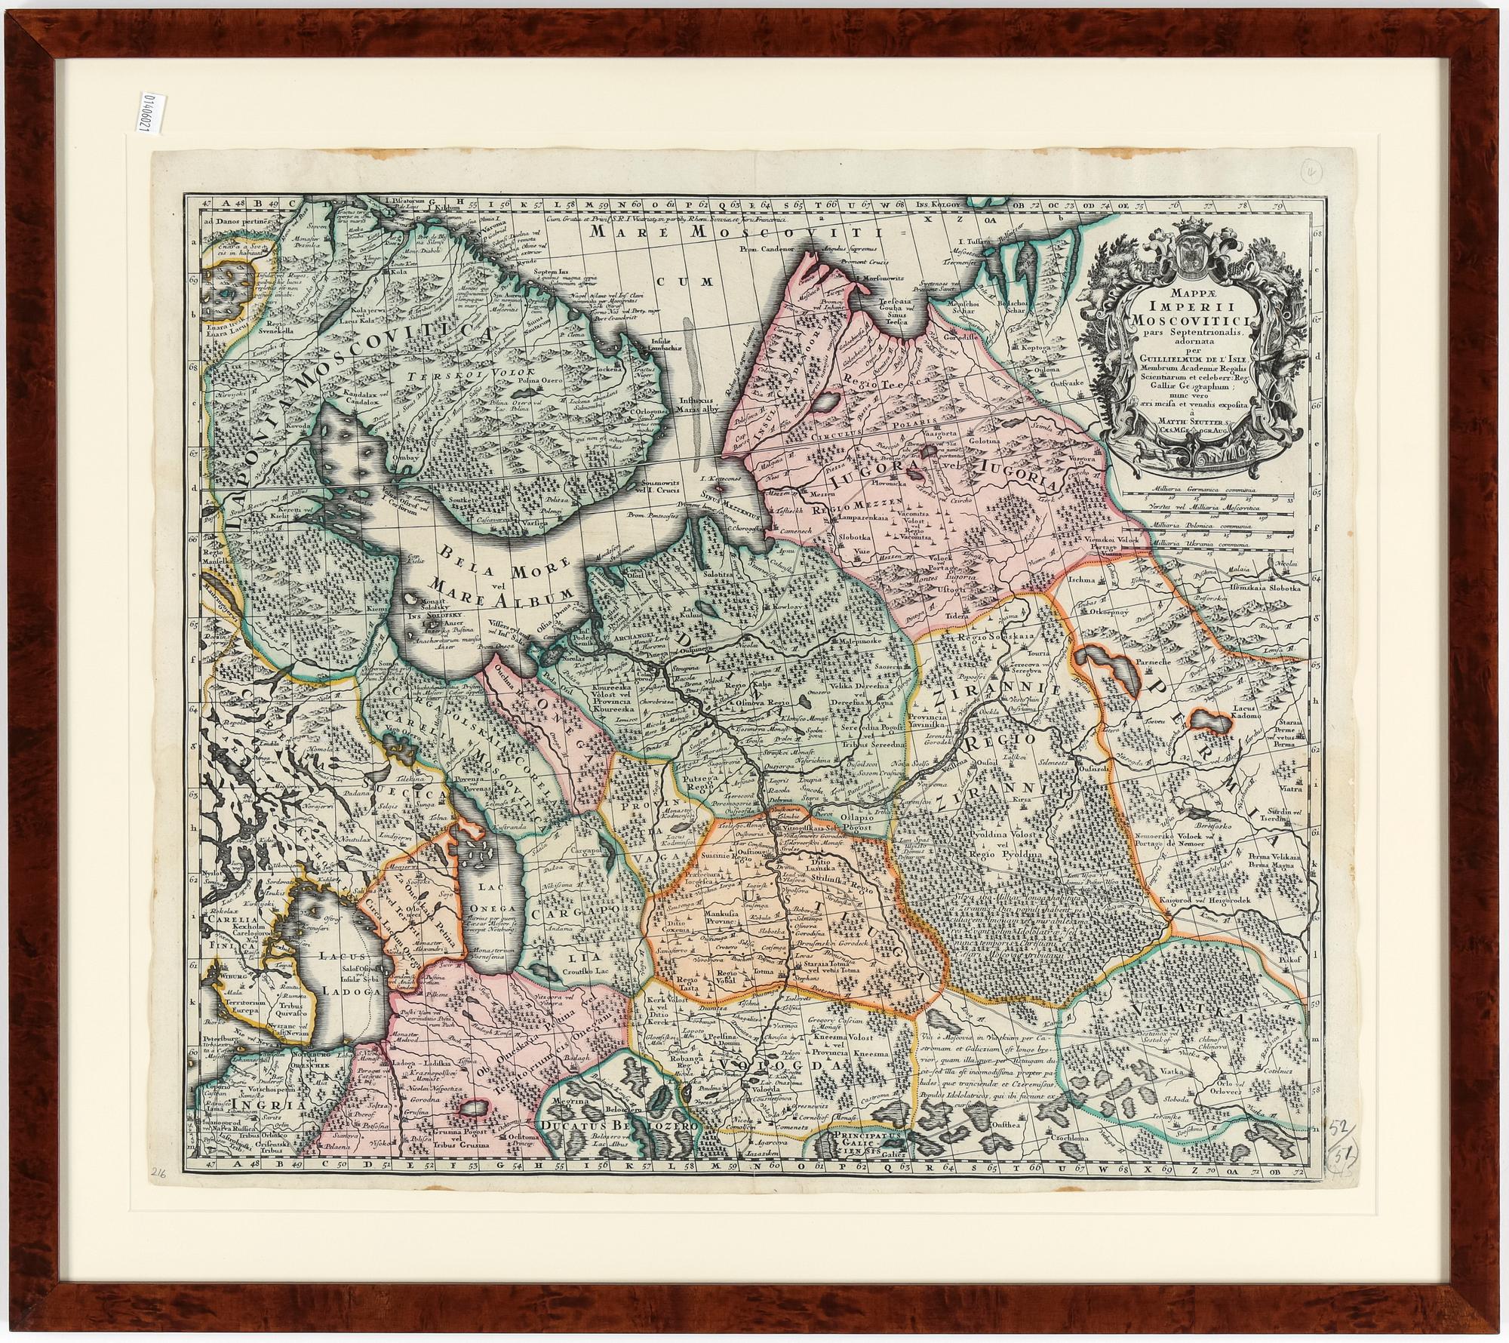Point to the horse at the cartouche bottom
[x=1145, y=452]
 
